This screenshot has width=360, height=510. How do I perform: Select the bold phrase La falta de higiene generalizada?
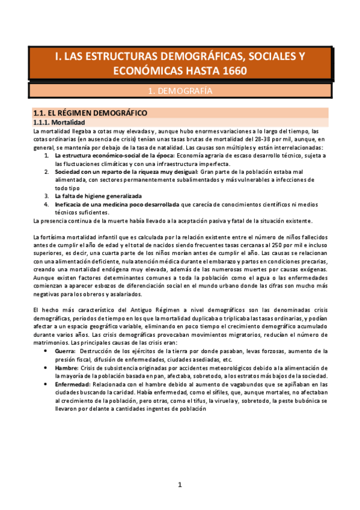[x=98, y=196]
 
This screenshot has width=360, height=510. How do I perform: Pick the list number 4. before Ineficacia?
[x=47, y=204]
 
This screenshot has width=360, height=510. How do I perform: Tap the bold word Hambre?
[x=67, y=367]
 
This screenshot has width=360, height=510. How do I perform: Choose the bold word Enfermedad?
[x=73, y=384]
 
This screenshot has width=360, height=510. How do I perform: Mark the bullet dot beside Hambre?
[x=47, y=367]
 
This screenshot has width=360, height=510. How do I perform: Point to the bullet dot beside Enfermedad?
[x=47, y=384]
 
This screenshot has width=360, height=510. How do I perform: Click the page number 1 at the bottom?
[x=179, y=485]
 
